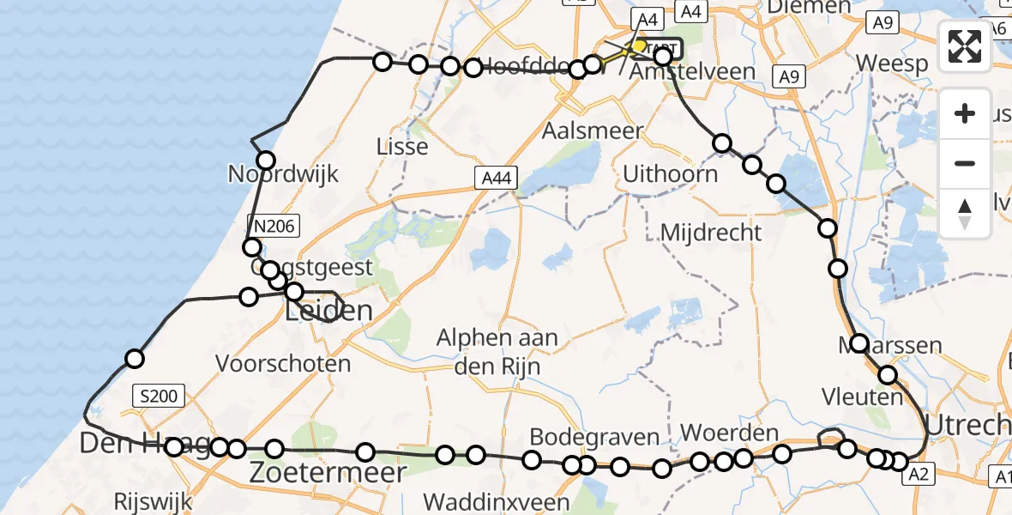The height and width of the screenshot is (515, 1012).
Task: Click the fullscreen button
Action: coord(965,46)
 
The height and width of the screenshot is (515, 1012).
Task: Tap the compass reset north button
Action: coord(965,213)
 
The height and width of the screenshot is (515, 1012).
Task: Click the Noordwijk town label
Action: coord(283,174)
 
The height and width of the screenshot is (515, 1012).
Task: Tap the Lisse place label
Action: coord(402,147)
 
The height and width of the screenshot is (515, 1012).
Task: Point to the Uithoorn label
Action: coord(670,174)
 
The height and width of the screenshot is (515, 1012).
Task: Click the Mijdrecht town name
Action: coord(711,232)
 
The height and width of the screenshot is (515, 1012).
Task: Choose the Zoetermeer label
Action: coord(328,472)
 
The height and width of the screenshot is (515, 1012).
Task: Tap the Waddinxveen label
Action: coord(497,502)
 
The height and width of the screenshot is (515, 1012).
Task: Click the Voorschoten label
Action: coord(283,364)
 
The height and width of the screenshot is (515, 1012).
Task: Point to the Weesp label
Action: coord(892,64)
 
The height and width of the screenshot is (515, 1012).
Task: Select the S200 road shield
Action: coord(160,396)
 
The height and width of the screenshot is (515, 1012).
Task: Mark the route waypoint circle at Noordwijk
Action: coord(266,160)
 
